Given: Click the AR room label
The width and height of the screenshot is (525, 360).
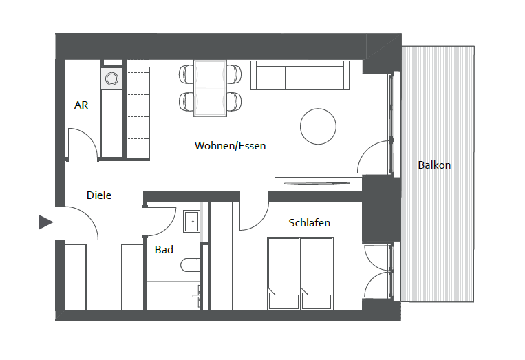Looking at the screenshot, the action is point(81,105).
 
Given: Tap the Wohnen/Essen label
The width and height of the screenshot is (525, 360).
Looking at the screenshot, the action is point(230,146).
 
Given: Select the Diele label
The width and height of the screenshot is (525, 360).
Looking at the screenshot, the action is point(99,195).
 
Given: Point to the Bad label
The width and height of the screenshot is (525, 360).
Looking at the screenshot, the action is point(164,249).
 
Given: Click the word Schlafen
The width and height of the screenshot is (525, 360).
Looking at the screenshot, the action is point(310,223).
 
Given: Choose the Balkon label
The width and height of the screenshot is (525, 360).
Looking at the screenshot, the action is point(434,165).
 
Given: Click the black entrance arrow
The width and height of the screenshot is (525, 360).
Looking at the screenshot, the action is point(46,222).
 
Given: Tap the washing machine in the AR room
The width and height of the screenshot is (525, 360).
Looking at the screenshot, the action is point(112,79).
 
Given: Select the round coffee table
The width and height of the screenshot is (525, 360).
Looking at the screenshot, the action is point(318,126).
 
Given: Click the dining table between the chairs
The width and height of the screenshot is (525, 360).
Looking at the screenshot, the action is point(211,88).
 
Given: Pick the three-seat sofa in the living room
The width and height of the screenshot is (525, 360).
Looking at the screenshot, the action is point(300,75).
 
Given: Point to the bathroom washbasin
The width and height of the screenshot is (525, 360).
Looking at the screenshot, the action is point(191,222).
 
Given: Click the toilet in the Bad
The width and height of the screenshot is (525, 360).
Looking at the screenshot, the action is point(190,265).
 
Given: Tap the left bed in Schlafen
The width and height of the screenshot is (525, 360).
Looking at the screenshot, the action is point(283,273).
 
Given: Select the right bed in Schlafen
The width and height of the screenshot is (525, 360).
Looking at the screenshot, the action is point(317,273).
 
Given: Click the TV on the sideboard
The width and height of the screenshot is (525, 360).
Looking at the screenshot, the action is point(317,184).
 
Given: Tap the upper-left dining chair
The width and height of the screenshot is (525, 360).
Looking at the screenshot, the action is point(186,74).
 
